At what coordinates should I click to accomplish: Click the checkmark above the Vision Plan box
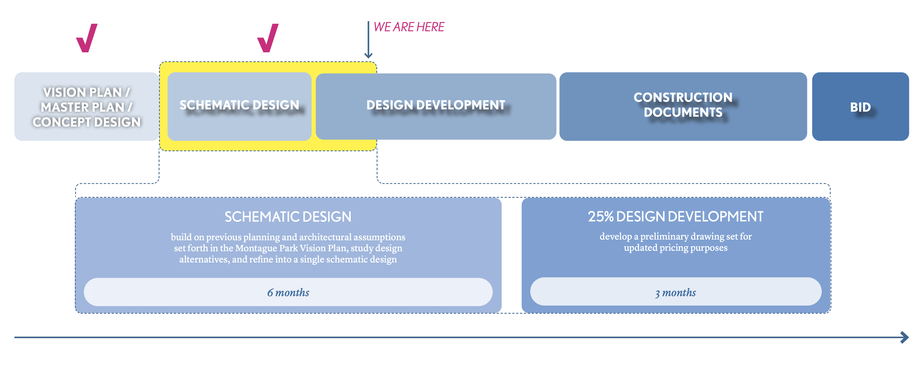point(87,38)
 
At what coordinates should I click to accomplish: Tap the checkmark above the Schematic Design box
point(268,38)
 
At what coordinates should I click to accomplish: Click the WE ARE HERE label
point(409,27)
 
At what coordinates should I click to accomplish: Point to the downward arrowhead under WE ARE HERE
point(368,55)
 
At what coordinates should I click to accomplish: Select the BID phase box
point(860,107)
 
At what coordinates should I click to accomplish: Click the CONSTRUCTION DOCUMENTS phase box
point(683,106)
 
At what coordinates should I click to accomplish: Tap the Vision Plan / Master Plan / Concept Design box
point(86,107)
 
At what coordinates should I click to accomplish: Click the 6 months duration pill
point(288,292)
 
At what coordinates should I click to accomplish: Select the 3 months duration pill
point(675,292)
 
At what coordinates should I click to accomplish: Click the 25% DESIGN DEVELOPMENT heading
point(675,216)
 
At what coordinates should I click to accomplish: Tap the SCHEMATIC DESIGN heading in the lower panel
point(288,217)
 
